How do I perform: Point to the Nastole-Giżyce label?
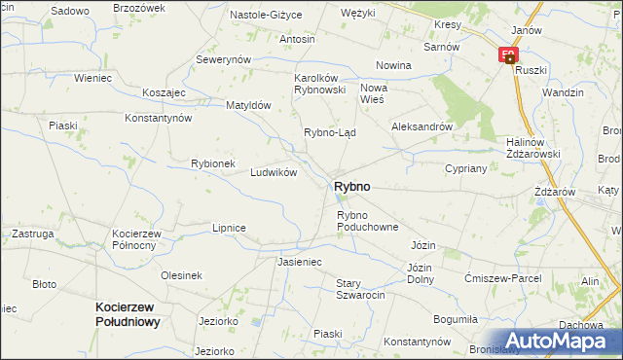pyautogui.click(x=266, y=16)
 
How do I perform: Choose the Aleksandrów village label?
pyautogui.click(x=421, y=126)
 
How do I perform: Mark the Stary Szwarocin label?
pyautogui.click(x=361, y=289)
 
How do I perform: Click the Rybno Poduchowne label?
pyautogui.click(x=368, y=221)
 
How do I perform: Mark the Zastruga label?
pyautogui.click(x=33, y=234)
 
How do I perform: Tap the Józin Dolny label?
pyautogui.click(x=420, y=273)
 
